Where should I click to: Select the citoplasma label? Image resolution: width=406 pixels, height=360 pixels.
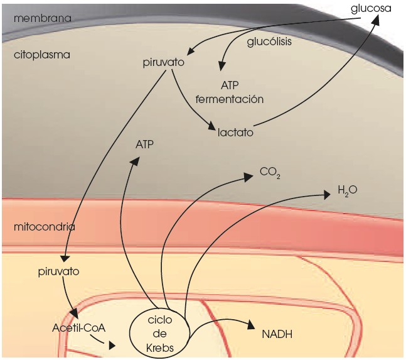(x=41, y=55)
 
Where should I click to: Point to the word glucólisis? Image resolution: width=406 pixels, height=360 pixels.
(x=270, y=41)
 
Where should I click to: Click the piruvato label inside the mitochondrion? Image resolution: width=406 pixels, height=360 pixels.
(x=58, y=273)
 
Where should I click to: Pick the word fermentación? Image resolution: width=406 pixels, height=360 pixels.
(x=229, y=99)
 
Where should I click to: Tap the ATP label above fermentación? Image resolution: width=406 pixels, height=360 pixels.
(x=230, y=84)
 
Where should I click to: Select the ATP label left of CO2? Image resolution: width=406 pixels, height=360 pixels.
(x=145, y=145)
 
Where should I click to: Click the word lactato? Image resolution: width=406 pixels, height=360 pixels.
(x=235, y=133)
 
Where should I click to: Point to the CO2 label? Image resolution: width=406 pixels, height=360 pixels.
(x=269, y=172)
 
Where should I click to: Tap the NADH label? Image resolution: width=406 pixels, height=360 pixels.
(x=277, y=334)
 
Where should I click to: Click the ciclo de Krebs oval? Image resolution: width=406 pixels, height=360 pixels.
(x=160, y=333)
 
